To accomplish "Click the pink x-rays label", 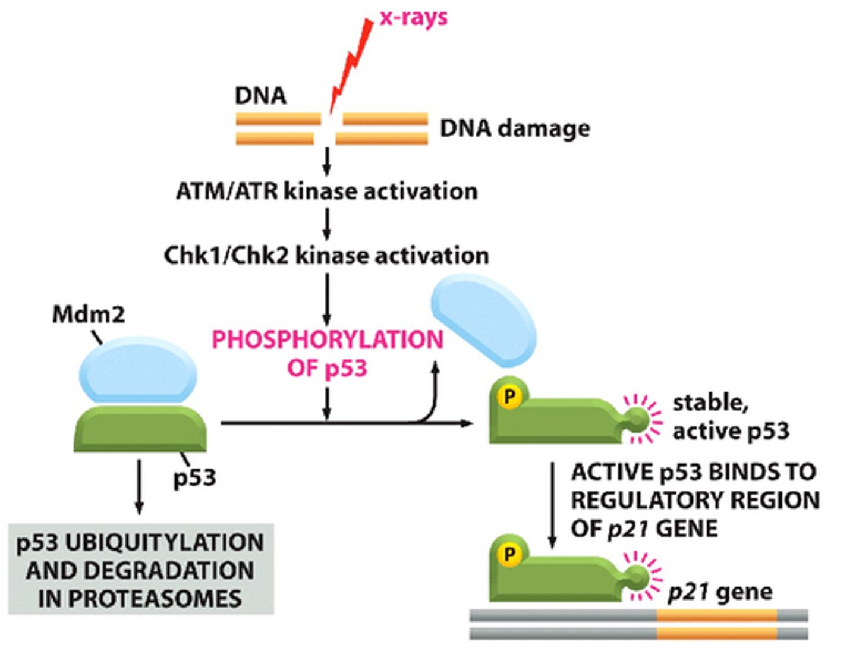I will [414, 17].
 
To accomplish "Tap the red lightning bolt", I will [352, 65].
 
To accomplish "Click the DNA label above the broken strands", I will [260, 96].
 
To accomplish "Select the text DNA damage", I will [515, 128].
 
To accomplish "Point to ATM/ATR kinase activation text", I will [327, 191].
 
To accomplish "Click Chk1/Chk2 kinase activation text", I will [326, 256].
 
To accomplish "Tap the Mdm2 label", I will [89, 315].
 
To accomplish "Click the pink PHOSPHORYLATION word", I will [328, 340].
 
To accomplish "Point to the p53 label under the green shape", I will [194, 477].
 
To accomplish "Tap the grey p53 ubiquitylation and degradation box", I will [141, 570].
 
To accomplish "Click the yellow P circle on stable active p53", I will [509, 396].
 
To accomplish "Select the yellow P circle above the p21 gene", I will [509, 554].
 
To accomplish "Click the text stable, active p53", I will [730, 417].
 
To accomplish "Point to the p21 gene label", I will [720, 592].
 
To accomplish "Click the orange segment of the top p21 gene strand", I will [716, 615].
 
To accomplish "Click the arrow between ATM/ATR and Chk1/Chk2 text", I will [326, 224].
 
